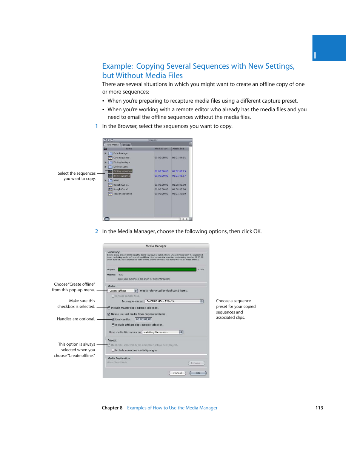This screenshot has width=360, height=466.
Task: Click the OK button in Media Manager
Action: click(x=198, y=373)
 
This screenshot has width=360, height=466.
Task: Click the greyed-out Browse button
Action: click(x=196, y=363)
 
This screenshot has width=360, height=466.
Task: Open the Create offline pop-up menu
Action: click(x=123, y=291)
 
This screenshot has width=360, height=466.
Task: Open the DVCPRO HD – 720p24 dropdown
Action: click(x=174, y=301)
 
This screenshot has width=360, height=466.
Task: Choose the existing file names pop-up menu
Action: click(x=163, y=332)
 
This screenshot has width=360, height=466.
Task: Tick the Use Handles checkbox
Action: click(x=113, y=320)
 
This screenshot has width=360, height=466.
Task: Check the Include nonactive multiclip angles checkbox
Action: click(x=113, y=351)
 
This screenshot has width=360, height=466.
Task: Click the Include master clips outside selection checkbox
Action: click(x=109, y=308)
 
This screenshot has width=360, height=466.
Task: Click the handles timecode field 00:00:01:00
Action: click(x=144, y=320)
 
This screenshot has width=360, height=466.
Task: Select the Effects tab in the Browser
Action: click(x=126, y=145)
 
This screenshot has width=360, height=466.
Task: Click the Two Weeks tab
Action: click(x=112, y=145)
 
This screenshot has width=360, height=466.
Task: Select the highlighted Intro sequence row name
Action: click(x=122, y=176)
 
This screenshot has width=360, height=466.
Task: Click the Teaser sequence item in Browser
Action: click(x=123, y=194)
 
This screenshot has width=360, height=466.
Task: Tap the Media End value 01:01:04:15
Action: click(x=179, y=158)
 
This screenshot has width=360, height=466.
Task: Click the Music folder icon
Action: click(x=111, y=180)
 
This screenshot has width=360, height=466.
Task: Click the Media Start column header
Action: click(x=162, y=149)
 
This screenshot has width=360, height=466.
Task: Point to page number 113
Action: click(x=319, y=408)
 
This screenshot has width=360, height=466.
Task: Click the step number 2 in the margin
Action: click(x=97, y=232)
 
